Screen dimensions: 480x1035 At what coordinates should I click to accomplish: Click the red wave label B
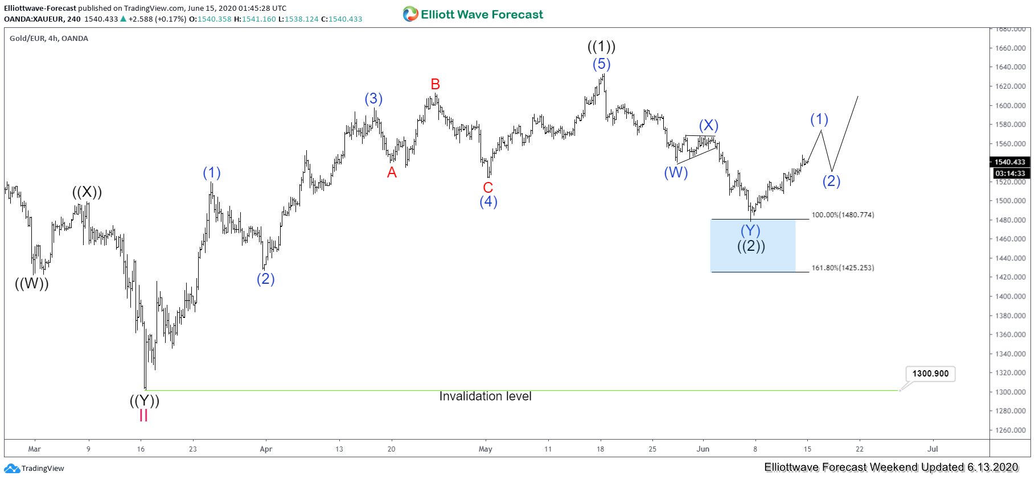click(x=435, y=85)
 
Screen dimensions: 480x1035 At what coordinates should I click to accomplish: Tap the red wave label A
click(x=392, y=173)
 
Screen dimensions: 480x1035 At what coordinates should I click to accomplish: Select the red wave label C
click(x=488, y=188)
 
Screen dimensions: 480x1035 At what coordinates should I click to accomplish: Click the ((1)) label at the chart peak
click(x=601, y=47)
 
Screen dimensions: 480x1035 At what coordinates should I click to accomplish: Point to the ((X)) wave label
click(x=87, y=192)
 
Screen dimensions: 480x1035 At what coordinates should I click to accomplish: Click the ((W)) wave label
click(x=32, y=283)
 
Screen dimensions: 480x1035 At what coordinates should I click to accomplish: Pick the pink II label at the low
click(x=143, y=416)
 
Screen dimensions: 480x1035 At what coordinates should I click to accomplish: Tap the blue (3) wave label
click(x=373, y=99)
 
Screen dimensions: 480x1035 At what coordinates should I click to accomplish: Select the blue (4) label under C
click(x=488, y=201)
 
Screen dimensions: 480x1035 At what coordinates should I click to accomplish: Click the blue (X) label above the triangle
click(x=708, y=126)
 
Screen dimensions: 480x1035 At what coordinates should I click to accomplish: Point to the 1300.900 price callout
click(x=930, y=374)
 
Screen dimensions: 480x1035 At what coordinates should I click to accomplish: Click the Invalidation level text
click(x=485, y=396)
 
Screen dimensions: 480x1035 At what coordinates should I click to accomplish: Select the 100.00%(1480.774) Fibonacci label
click(x=843, y=215)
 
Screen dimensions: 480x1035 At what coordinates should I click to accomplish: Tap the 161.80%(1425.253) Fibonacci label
click(x=843, y=268)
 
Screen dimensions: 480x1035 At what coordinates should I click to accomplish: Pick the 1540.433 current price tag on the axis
click(x=1009, y=162)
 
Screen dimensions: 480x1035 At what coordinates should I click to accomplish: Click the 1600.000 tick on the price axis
click(x=1011, y=106)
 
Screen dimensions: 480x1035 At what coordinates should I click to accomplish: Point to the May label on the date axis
click(x=486, y=449)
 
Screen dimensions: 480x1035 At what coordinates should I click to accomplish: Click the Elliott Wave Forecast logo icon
click(x=410, y=14)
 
